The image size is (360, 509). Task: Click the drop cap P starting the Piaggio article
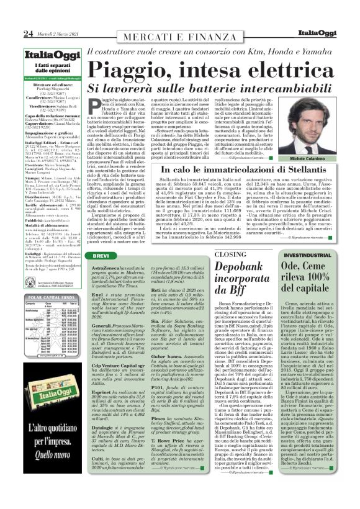coord(92,106)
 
